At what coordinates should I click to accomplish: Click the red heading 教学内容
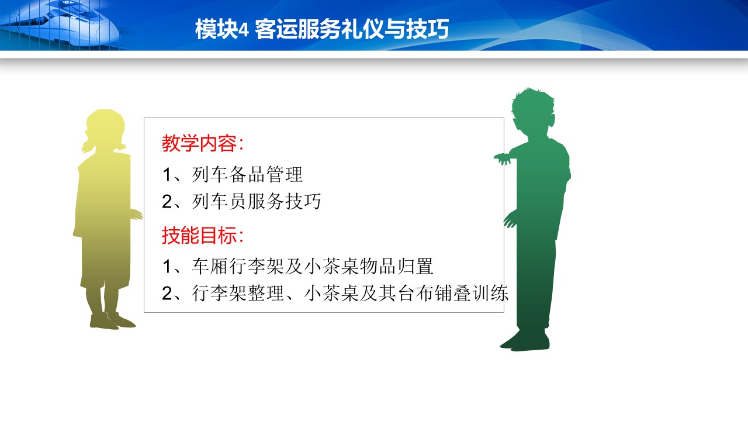tap(199, 143)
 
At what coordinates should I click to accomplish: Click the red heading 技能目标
tap(199, 235)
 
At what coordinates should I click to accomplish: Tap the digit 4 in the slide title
tap(244, 30)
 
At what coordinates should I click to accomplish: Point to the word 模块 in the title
tap(216, 29)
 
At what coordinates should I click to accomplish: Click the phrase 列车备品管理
tap(247, 174)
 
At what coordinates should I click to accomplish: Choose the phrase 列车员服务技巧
tap(257, 201)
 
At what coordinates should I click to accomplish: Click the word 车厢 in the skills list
tap(210, 266)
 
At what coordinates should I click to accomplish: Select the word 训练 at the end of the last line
tap(490, 293)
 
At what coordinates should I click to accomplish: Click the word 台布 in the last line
tap(415, 293)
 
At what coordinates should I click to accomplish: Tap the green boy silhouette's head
tap(533, 112)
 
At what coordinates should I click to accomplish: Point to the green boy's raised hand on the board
tap(503, 158)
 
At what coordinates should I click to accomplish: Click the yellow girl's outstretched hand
tap(136, 214)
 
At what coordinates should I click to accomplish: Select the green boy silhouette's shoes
tap(525, 341)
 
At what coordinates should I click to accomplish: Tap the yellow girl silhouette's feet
tap(112, 321)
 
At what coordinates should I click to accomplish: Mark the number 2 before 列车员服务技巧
tap(167, 202)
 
